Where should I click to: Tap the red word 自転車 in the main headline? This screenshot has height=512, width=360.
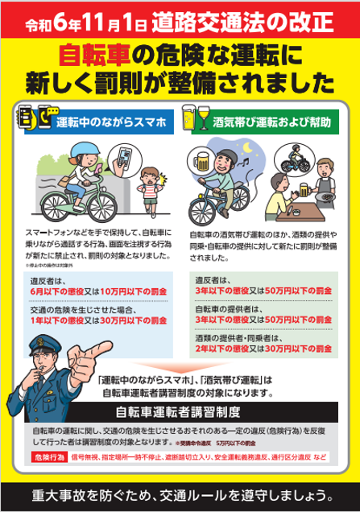coord(94,55)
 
